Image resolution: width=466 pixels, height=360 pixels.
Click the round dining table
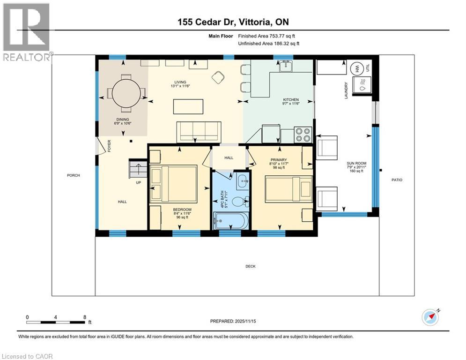pyautogui.click(x=126, y=92)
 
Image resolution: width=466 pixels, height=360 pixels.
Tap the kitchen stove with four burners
pyautogui.click(x=303, y=135)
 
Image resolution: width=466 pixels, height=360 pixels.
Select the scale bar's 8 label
pyautogui.click(x=84, y=317)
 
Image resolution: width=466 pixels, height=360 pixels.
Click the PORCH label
pyautogui.click(x=74, y=175)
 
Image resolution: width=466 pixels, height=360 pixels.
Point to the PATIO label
pyautogui.click(x=397, y=180)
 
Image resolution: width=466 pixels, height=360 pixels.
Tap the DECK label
pyautogui.click(x=251, y=266)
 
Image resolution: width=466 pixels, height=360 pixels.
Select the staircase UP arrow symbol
pyautogui.click(x=138, y=168)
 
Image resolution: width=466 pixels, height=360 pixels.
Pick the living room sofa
pyautogui.click(x=198, y=131)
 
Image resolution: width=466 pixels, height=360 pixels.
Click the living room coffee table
pyautogui.click(x=188, y=106)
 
